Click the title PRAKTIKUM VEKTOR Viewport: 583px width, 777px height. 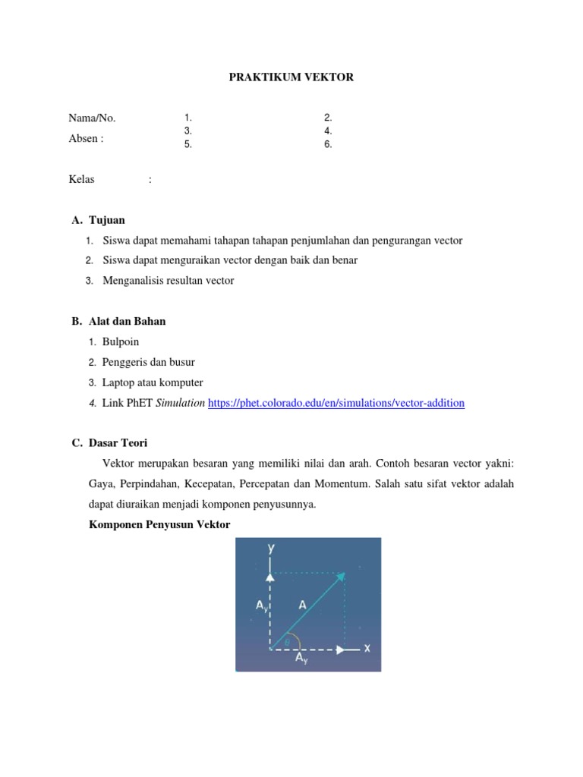[x=291, y=77]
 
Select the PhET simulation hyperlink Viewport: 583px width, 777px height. [x=336, y=404]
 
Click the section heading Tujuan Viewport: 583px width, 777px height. [x=107, y=220]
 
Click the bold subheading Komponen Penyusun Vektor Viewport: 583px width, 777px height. [x=159, y=525]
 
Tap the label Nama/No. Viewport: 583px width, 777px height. [x=92, y=118]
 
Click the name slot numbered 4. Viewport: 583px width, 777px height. [x=328, y=131]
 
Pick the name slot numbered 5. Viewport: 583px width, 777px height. [x=188, y=145]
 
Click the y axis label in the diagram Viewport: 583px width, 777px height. [x=271, y=548]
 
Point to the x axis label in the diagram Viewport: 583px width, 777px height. [x=366, y=649]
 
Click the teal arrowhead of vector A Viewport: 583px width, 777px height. [x=343, y=576]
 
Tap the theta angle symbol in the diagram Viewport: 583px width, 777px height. [x=287, y=643]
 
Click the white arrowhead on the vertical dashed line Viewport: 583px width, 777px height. [x=270, y=576]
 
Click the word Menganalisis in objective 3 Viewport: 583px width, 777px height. [x=133, y=281]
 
